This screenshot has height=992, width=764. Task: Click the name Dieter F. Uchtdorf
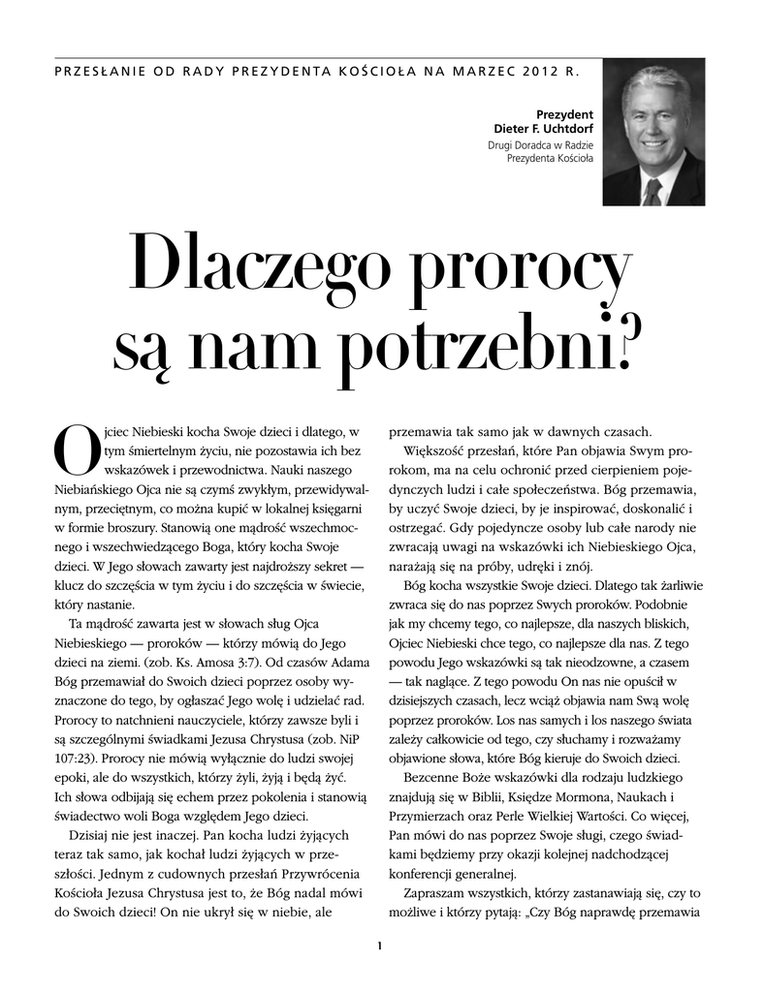543,130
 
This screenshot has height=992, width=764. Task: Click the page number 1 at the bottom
381,945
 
